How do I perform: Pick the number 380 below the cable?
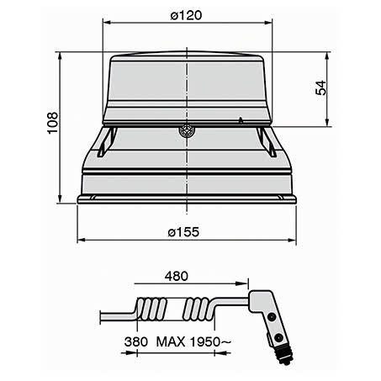(x=135, y=343)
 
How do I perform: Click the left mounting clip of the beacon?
(x=103, y=141)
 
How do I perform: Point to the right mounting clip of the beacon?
(x=267, y=141)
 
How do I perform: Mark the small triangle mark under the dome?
(x=241, y=122)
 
